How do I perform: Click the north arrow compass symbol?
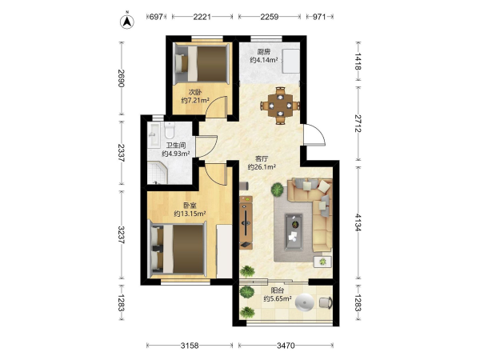[127, 21]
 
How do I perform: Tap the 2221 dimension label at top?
[202, 17]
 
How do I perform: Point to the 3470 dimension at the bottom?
[286, 346]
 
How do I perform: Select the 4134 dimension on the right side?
[358, 222]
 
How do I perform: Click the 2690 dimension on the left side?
[122, 78]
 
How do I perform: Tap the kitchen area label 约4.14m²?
[264, 60]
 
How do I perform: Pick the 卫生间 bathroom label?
[176, 146]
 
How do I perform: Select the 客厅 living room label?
[262, 159]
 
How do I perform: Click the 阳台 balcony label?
[278, 290]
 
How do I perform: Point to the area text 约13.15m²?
[190, 214]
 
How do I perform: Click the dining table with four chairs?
[280, 106]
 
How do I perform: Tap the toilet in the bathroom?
[169, 130]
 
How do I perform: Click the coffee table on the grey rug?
[294, 231]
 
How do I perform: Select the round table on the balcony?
[305, 302]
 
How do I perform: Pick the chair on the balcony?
[326, 302]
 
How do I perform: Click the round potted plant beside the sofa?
[278, 189]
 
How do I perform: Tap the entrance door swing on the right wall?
[314, 134]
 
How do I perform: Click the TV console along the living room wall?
[246, 222]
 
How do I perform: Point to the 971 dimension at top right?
[319, 17]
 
